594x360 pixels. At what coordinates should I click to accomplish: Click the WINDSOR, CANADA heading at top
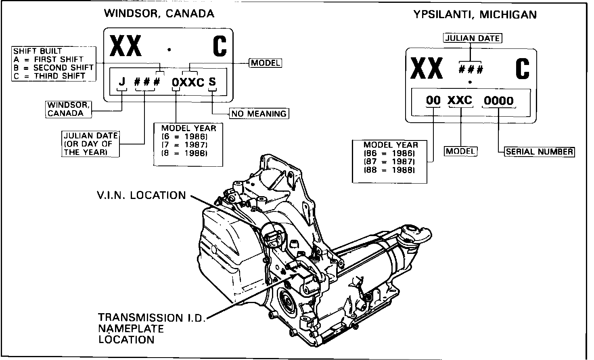click(x=159, y=14)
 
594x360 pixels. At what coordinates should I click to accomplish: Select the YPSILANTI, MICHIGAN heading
click(x=475, y=15)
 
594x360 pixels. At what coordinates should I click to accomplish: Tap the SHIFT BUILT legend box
click(x=54, y=64)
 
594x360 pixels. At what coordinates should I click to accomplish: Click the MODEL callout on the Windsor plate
click(x=265, y=63)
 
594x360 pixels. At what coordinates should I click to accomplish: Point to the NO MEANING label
click(x=259, y=114)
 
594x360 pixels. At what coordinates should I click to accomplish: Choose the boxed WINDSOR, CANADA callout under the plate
click(x=68, y=109)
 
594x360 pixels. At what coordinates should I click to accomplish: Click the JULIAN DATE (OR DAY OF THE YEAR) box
click(x=91, y=144)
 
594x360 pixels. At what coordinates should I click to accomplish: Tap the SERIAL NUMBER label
click(x=539, y=152)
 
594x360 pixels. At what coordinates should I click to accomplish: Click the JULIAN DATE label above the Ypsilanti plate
click(x=472, y=38)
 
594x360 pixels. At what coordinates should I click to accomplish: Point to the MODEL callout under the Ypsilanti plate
click(x=461, y=151)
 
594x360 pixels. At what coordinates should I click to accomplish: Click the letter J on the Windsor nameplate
click(x=122, y=82)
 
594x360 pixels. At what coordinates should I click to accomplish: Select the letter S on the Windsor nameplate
click(x=212, y=82)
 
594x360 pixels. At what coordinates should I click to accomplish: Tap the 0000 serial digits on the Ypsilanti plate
click(x=498, y=100)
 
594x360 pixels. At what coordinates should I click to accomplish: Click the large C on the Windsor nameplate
click(x=220, y=46)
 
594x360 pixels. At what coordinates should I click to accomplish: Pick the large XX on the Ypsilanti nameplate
click(x=427, y=68)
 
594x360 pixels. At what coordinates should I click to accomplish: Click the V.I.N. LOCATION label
click(x=141, y=195)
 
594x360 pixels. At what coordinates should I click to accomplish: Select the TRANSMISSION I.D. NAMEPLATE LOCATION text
click(x=151, y=328)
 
